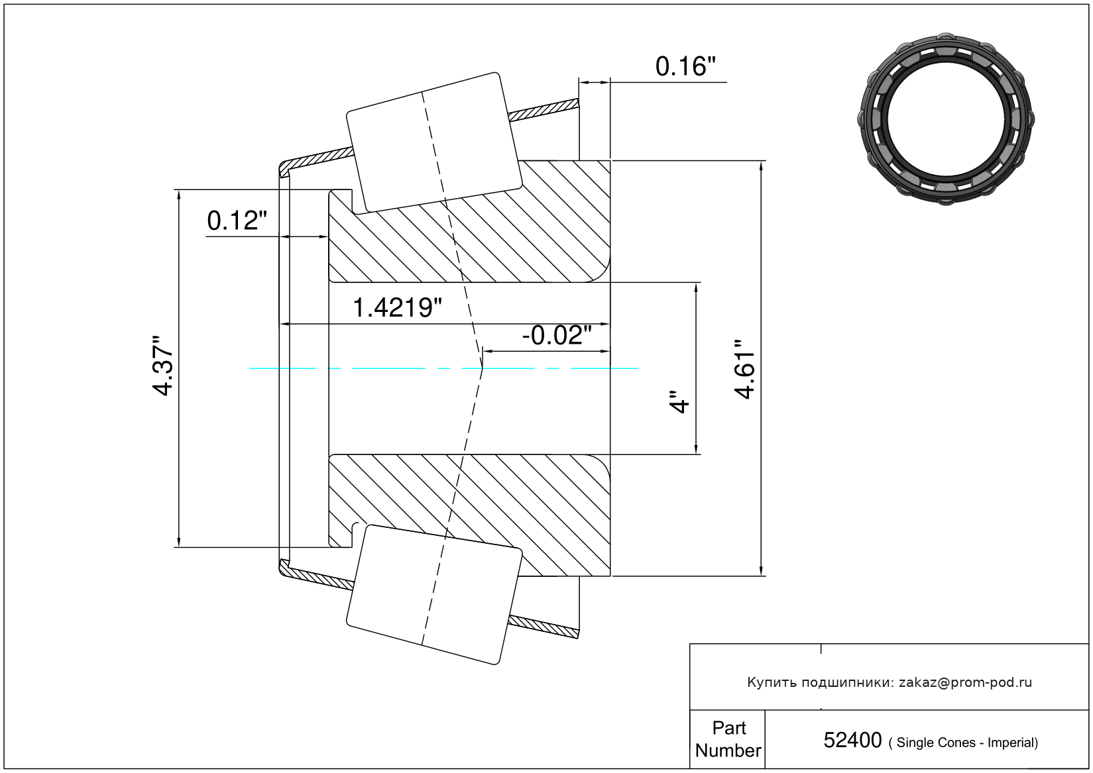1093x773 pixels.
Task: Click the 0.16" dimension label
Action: [x=685, y=66]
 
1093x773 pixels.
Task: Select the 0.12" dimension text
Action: [x=237, y=221]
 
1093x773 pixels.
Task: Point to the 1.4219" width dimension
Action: [x=397, y=308]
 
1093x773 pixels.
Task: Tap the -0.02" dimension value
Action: [x=557, y=336]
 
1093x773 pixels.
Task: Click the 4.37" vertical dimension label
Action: [x=163, y=366]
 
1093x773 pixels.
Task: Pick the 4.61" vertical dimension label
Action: [x=745, y=369]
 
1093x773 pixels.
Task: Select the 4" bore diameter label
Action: [x=679, y=401]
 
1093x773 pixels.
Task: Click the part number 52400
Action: [x=852, y=740]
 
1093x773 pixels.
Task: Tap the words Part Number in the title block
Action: [x=728, y=739]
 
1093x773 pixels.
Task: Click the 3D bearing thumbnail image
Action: [x=946, y=119]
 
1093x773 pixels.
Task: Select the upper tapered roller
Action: [x=434, y=142]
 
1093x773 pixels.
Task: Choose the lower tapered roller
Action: [x=434, y=595]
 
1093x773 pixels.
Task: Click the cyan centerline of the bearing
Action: [x=443, y=368]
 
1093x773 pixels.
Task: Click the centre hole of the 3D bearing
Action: [x=946, y=119]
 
